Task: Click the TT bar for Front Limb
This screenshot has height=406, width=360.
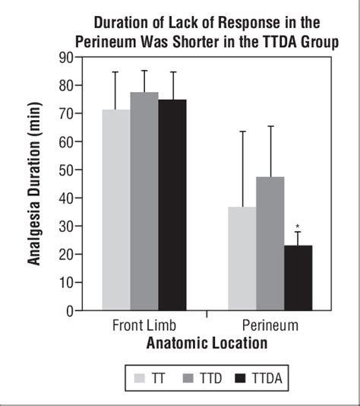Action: click(x=115, y=210)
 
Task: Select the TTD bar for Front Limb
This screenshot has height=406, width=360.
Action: click(x=144, y=201)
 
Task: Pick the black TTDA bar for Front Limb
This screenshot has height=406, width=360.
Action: click(x=172, y=205)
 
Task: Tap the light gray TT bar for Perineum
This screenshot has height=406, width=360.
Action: click(x=242, y=259)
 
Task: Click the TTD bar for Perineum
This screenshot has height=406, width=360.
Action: click(x=270, y=243)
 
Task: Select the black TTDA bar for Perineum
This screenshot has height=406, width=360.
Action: click(x=298, y=278)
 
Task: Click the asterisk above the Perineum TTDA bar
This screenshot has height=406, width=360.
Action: click(x=298, y=227)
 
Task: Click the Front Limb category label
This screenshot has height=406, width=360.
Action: click(x=144, y=325)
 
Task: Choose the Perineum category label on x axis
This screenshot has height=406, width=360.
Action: click(x=270, y=325)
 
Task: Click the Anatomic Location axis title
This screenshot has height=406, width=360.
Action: click(x=207, y=344)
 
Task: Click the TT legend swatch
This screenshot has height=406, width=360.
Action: click(x=139, y=377)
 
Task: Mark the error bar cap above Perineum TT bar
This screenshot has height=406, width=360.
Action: click(x=242, y=132)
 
